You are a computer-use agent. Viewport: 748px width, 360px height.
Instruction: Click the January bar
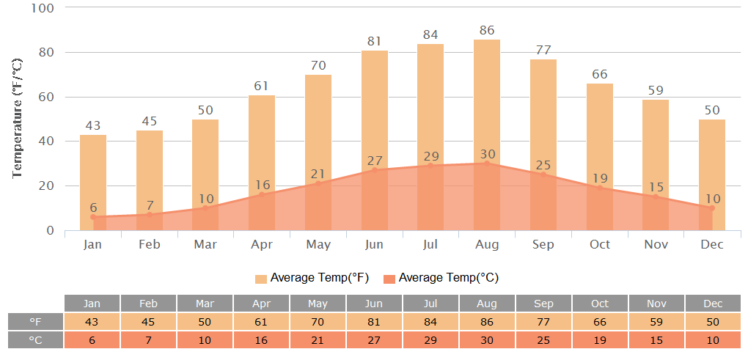[93, 176]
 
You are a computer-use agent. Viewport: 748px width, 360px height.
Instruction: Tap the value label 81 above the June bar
[375, 42]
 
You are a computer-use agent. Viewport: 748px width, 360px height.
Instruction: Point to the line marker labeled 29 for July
[430, 166]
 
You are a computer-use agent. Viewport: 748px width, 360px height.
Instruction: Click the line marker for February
[150, 215]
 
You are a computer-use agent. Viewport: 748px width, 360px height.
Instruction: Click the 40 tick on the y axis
[47, 142]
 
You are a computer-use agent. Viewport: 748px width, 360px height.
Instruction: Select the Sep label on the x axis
[543, 244]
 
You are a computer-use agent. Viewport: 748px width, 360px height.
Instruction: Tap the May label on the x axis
[318, 244]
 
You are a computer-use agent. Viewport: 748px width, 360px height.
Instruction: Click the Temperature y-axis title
[18, 120]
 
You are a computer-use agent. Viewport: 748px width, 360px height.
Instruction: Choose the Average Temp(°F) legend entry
[312, 278]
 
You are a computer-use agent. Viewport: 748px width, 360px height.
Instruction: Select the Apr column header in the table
[261, 304]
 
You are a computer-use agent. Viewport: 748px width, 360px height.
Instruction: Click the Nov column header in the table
[656, 304]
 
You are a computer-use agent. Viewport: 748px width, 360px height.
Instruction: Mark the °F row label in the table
[35, 322]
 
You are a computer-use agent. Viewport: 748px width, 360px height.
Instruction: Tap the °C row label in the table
[35, 340]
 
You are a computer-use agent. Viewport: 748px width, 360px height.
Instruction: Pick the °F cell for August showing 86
[487, 322]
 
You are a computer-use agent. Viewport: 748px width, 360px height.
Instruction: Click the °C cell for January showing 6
[92, 340]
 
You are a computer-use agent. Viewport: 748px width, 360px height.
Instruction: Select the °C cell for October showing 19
[600, 340]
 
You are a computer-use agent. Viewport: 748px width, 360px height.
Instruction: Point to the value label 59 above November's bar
[656, 92]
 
